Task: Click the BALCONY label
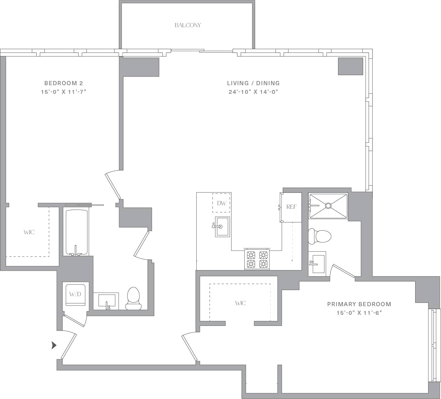188,25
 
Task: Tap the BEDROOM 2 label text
64,83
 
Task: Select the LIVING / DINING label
253,83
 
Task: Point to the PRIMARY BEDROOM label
359,304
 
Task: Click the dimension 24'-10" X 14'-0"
253,92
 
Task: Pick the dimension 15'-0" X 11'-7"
64,92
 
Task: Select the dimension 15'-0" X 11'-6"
359,313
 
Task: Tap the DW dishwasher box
221,203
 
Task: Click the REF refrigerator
291,207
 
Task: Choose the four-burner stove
257,259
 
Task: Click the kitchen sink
222,227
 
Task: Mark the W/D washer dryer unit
75,295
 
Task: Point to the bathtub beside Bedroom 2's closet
76,232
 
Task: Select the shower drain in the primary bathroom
328,206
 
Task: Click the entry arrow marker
54,345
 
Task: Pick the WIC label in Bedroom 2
29,232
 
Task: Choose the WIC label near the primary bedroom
240,303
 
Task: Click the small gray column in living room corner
351,66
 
